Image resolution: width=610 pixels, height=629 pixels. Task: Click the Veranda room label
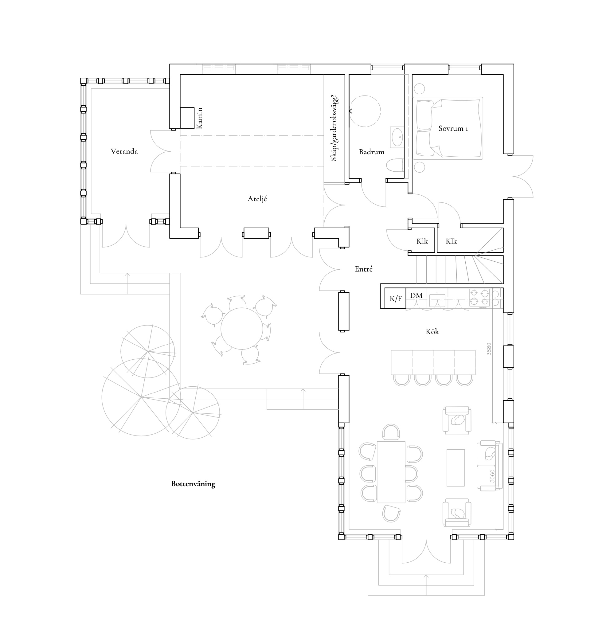click(124, 151)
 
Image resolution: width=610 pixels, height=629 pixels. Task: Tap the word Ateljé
click(257, 199)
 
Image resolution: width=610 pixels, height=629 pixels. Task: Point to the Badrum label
click(372, 152)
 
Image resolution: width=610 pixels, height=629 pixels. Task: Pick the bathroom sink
click(397, 137)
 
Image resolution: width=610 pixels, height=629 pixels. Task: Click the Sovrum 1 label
click(453, 129)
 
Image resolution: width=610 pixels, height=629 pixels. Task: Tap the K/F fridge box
click(395, 299)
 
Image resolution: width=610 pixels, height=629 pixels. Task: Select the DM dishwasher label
click(416, 295)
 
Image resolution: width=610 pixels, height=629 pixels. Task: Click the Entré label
click(364, 269)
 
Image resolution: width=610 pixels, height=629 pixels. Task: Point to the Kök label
click(432, 331)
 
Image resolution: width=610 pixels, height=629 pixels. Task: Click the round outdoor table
click(242, 329)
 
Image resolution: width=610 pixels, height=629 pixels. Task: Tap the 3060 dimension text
click(493, 476)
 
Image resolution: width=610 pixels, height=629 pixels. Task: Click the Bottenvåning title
click(193, 484)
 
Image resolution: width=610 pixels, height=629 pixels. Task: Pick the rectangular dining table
click(391, 472)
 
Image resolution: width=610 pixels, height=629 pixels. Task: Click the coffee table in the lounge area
click(456, 467)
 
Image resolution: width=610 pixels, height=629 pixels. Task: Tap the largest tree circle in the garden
click(141, 397)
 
